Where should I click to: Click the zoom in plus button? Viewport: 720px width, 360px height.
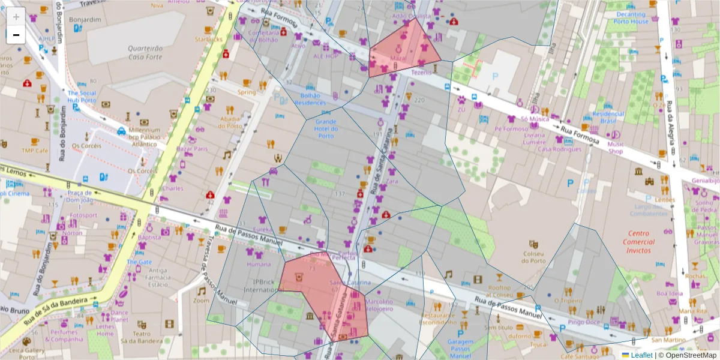pos(16,17)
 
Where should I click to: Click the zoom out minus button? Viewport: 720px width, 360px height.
pos(16,35)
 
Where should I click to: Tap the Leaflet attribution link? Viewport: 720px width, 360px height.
pos(641,355)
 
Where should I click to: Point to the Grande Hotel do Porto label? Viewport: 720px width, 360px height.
pos(325,128)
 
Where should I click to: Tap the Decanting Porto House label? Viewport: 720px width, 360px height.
pos(632,17)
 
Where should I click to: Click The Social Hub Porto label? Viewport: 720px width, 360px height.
pos(82,97)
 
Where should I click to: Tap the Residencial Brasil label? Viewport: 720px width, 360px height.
pos(608,117)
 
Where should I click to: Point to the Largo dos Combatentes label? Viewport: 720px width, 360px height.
pos(649,210)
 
